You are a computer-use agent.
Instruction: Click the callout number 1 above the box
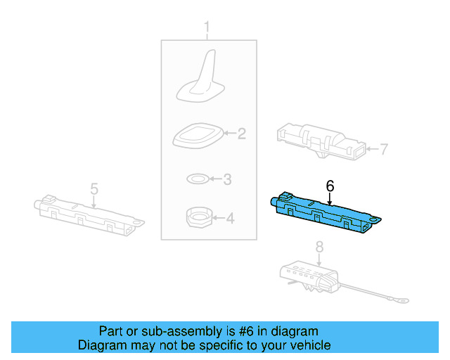pyautogui.click(x=207, y=27)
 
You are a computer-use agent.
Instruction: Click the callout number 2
pyautogui.click(x=242, y=134)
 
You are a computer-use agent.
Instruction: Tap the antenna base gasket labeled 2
pyautogui.click(x=198, y=136)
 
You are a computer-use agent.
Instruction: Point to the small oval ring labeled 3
pyautogui.click(x=198, y=179)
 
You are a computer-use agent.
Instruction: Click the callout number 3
pyautogui.click(x=227, y=179)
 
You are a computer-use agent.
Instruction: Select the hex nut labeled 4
pyautogui.click(x=199, y=217)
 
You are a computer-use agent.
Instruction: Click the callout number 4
pyautogui.click(x=230, y=218)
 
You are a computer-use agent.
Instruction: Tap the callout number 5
pyautogui.click(x=94, y=189)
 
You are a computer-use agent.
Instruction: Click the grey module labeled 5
pyautogui.click(x=89, y=214)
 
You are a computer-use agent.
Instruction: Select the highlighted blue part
pyautogui.click(x=326, y=212)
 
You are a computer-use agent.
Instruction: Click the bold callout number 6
pyautogui.click(x=330, y=186)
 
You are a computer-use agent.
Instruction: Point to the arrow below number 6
pyautogui.click(x=330, y=199)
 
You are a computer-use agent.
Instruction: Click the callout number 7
pyautogui.click(x=384, y=149)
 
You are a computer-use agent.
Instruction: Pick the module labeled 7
pyautogui.click(x=321, y=141)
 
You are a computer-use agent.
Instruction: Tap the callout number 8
pyautogui.click(x=319, y=247)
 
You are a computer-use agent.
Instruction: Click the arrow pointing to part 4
pyautogui.click(x=218, y=218)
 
